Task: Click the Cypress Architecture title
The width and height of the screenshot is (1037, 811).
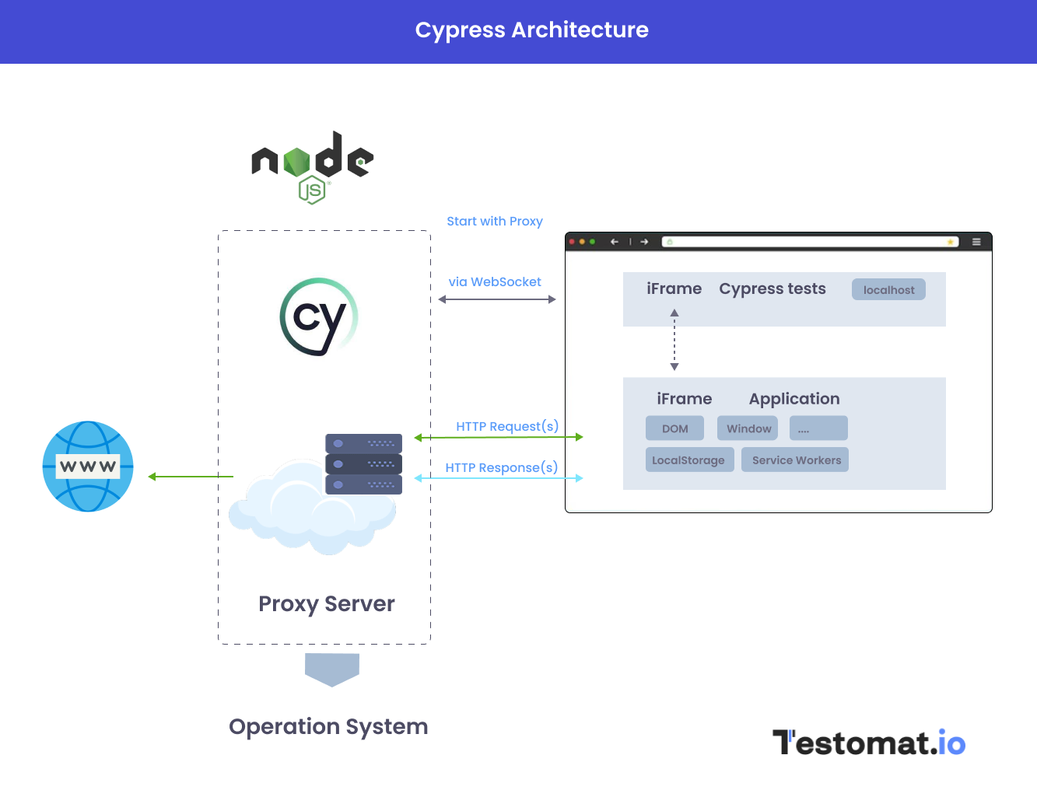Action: (531, 30)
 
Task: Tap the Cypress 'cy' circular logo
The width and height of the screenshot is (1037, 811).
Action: (318, 316)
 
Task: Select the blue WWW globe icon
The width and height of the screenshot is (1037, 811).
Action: (88, 467)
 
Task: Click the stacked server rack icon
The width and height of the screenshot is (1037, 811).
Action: (363, 464)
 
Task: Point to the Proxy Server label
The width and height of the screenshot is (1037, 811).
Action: (326, 604)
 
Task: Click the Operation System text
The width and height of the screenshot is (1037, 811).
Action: (328, 727)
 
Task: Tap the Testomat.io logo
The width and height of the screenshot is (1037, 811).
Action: (868, 743)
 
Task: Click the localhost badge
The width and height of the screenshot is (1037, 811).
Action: (888, 290)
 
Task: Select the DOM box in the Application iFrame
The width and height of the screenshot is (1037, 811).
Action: (674, 428)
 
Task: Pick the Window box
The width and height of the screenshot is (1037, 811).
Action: (748, 428)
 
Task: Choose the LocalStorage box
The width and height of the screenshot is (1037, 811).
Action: (688, 460)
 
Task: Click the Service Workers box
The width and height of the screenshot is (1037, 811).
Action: (796, 460)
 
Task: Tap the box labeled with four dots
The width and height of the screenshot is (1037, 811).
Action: (818, 428)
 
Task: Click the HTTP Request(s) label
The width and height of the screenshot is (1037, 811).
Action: (507, 426)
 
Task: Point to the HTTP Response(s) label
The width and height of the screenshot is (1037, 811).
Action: (502, 467)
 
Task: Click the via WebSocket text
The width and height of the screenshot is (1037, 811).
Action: (495, 282)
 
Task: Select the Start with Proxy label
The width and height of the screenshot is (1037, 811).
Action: (495, 222)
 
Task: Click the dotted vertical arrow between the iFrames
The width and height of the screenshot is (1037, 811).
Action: (674, 340)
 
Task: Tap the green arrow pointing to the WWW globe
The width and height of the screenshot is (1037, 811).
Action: (191, 477)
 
